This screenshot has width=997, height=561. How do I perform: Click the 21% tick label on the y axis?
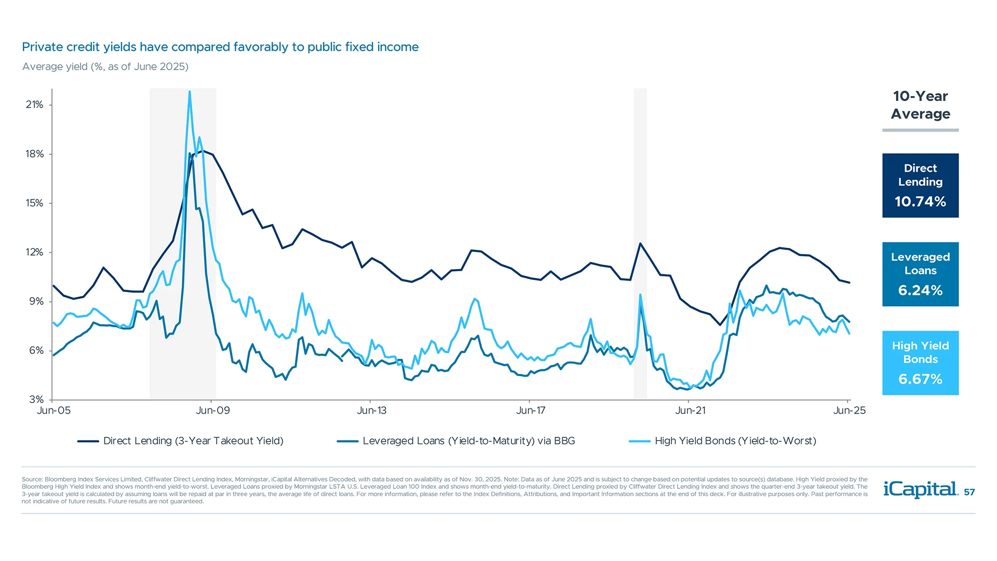[34, 104]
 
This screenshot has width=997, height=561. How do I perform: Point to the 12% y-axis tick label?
[34, 252]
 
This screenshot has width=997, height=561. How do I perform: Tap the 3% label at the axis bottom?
[36, 399]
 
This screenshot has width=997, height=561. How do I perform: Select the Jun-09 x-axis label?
[212, 410]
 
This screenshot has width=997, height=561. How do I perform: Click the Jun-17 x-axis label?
[531, 410]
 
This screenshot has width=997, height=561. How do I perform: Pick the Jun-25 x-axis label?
[849, 410]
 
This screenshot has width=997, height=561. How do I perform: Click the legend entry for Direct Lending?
[193, 441]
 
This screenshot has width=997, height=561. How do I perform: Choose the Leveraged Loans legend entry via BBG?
[468, 441]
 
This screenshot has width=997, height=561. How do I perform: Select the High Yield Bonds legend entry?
[735, 441]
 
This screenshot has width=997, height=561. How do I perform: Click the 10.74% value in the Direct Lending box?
[920, 202]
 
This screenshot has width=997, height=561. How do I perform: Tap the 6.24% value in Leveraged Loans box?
[920, 290]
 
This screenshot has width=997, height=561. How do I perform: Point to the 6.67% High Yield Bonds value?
[920, 379]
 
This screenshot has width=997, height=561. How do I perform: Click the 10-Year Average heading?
[920, 105]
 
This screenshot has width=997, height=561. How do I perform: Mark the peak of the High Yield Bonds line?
[190, 92]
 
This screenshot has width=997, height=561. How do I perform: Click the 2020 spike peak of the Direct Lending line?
[640, 243]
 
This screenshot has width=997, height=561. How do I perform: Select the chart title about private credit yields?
[220, 47]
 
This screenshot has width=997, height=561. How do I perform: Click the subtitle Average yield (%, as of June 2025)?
[105, 66]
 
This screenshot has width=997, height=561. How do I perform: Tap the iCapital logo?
[920, 489]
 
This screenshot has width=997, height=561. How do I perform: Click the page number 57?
[969, 492]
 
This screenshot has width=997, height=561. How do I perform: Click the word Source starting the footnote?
[31, 479]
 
